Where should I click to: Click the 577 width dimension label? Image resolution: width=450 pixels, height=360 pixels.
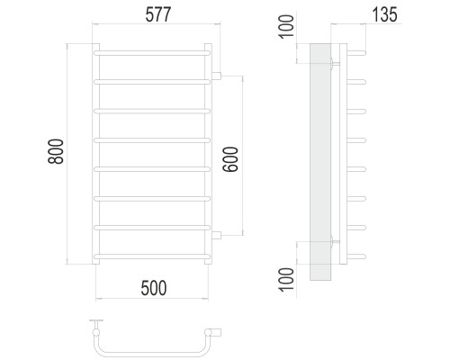pos(158,14)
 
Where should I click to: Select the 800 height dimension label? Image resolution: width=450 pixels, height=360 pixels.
pos(56,151)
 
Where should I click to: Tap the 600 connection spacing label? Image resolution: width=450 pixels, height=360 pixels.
pos(230,159)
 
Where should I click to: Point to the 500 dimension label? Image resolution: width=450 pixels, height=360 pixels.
pos(154,288)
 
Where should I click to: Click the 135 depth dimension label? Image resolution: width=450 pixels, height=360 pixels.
pos(385,14)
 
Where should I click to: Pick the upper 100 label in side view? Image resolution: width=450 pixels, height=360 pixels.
pos(286,26)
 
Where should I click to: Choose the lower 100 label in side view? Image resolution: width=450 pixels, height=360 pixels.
pos(286,279)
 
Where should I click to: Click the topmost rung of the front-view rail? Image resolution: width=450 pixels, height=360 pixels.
pos(152,53)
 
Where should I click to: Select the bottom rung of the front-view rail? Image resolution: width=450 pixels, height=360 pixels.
pos(152,256)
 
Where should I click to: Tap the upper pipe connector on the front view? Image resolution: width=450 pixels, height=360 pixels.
pos(216,76)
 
